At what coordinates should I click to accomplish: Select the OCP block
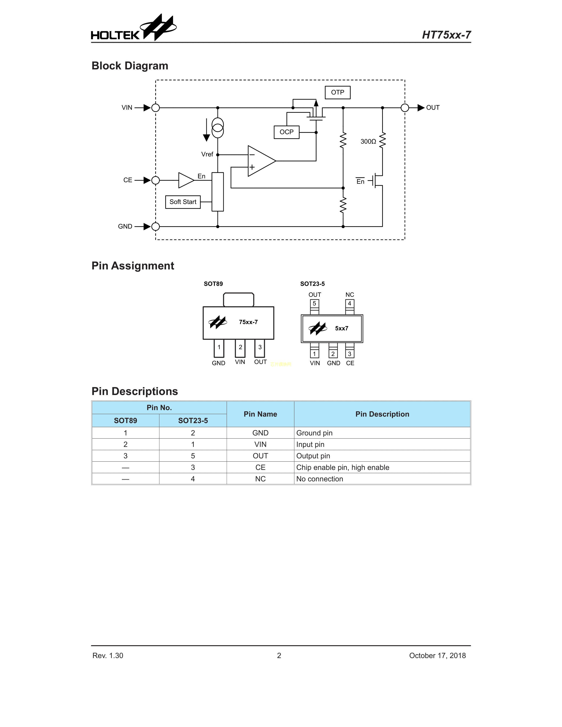click(x=286, y=132)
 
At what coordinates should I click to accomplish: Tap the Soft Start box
click(x=183, y=202)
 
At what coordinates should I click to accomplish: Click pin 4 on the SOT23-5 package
click(x=349, y=304)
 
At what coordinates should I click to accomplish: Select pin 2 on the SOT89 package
click(x=240, y=347)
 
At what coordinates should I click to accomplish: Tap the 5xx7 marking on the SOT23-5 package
click(x=342, y=328)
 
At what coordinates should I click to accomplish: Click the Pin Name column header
click(x=260, y=414)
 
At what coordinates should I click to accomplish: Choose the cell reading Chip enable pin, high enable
click(x=342, y=467)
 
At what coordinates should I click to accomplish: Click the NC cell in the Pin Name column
click(x=260, y=479)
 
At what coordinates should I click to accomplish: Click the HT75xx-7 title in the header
click(x=446, y=35)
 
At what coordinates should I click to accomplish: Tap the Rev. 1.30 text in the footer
click(x=108, y=655)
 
